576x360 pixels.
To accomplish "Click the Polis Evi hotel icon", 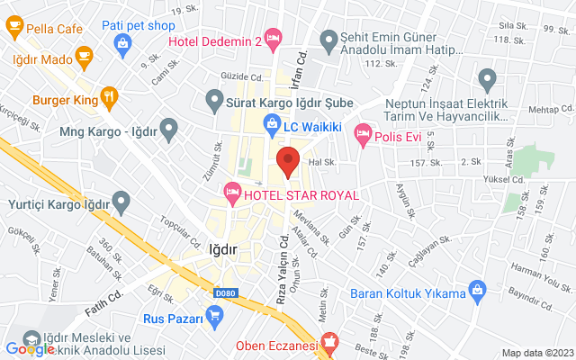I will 363,133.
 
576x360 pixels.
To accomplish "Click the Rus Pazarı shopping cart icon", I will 214,315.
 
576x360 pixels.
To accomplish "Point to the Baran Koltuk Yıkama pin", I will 478,291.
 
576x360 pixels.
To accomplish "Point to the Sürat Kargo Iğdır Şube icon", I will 215,97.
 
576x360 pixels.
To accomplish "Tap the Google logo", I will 29,348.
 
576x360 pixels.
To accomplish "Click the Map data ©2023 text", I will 536,353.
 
